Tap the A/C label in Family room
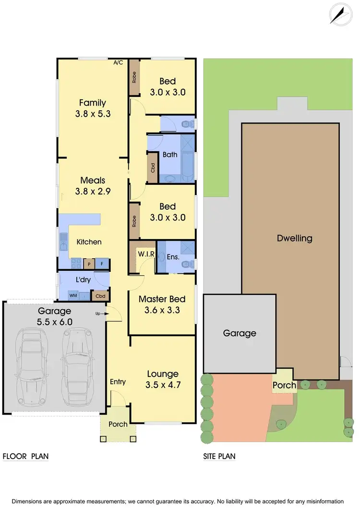tap(118, 62)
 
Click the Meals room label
tap(93, 181)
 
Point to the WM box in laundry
tap(73, 295)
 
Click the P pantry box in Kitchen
tap(88, 264)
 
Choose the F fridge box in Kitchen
tap(102, 264)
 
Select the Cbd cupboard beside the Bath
tap(153, 167)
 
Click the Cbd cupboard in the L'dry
tap(101, 296)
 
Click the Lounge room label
tap(163, 374)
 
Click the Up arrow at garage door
tap(103, 314)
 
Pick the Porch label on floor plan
tap(118, 424)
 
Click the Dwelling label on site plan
tap(294, 238)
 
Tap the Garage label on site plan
tap(240, 333)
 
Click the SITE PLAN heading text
tap(219, 456)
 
